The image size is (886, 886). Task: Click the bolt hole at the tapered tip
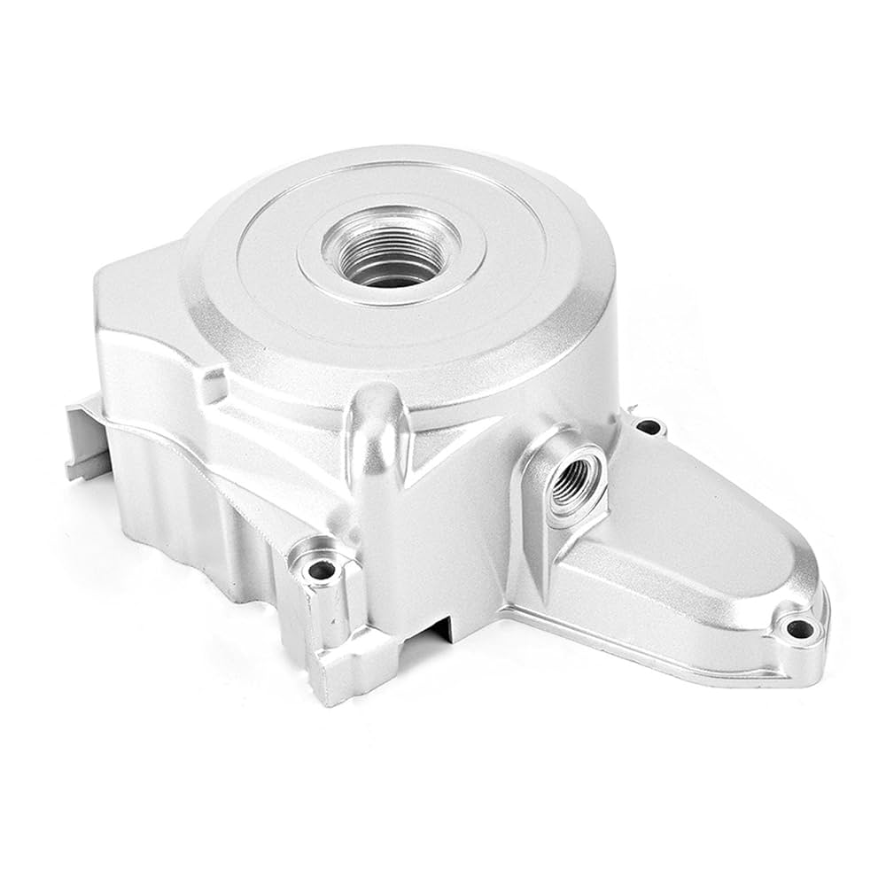(800, 630)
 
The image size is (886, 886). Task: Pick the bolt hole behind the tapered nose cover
(649, 427)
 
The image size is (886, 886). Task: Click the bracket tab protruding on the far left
(84, 434)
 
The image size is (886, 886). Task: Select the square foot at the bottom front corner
(341, 673)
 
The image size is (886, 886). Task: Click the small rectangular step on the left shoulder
(213, 385)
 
